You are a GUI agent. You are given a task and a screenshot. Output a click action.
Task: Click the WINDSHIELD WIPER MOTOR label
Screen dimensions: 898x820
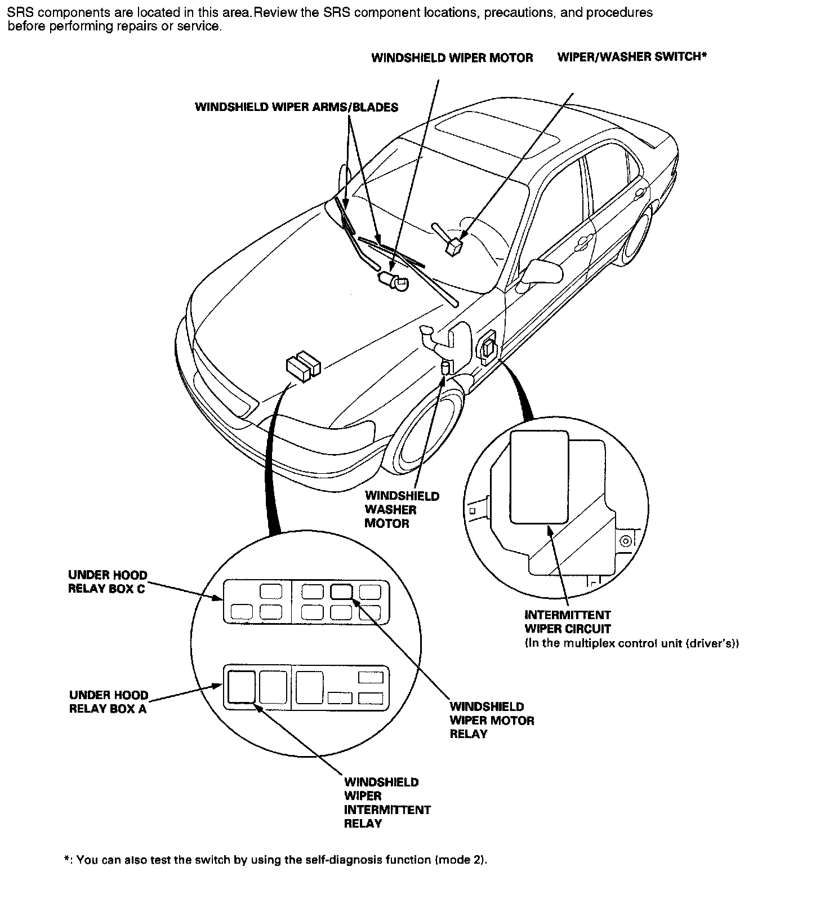[x=452, y=58]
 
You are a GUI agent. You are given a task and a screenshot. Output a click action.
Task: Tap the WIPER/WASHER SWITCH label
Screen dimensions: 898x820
[x=631, y=57]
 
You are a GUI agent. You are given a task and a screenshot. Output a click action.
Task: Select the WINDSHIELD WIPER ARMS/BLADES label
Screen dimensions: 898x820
[x=296, y=107]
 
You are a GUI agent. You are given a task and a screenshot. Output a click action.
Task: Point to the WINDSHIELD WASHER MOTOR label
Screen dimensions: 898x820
[x=402, y=510]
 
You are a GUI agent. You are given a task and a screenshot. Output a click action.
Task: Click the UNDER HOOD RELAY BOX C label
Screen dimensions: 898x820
[x=107, y=582]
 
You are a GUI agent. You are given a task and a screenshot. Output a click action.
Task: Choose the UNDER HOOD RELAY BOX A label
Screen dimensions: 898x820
[x=108, y=702]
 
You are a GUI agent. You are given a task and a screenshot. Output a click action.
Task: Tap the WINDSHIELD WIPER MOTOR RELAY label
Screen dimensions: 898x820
[x=492, y=720]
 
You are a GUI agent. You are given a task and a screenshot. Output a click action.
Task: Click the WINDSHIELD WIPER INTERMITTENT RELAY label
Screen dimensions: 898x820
[x=387, y=803]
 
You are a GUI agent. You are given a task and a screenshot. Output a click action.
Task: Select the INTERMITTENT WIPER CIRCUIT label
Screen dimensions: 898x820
[x=568, y=622]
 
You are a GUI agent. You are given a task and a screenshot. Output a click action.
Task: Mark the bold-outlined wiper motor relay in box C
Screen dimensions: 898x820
[x=341, y=591]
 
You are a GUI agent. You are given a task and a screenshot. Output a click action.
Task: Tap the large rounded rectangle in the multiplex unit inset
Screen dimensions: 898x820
[x=538, y=477]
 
